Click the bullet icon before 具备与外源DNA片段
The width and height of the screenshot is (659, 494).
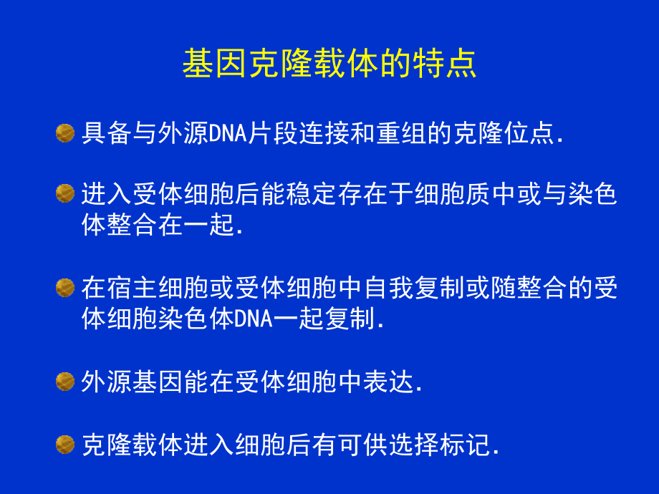coord(65,133)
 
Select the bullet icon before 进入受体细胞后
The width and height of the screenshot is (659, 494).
coord(65,193)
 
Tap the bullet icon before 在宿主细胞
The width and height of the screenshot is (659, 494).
coord(65,288)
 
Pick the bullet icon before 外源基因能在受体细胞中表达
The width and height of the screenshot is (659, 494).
coord(65,382)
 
